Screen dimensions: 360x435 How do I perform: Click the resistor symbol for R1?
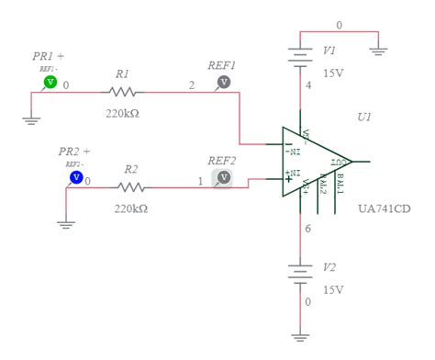tap(123, 91)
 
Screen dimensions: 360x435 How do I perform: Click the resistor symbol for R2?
tap(130, 186)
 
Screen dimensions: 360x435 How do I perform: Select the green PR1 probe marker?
tap(50, 83)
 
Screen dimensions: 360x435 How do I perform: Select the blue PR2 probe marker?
tap(76, 176)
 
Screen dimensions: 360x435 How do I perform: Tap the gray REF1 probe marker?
tap(222, 83)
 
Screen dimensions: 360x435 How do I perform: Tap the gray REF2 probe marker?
tap(222, 178)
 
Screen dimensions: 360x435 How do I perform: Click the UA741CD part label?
tap(385, 208)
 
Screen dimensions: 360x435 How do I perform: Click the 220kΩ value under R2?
tap(130, 208)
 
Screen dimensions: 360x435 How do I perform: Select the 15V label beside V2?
tap(332, 289)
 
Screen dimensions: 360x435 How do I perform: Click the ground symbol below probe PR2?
tap(65, 221)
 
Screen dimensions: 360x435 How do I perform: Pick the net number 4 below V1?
tap(309, 87)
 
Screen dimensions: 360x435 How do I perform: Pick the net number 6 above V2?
tap(309, 231)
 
